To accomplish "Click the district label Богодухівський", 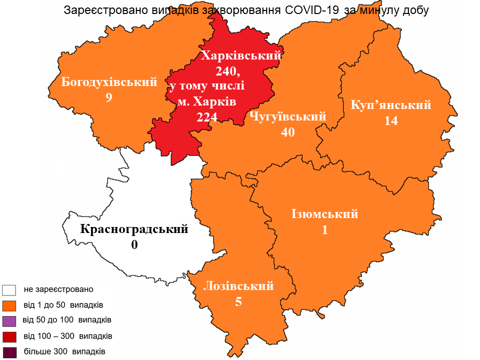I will pos(109,82).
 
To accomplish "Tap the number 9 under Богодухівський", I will pos(108,97).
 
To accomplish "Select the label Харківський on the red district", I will pos(240,55).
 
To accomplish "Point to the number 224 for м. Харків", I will pos(207,117).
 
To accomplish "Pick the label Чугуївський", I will pos(287,117).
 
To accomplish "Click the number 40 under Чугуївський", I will pos(288,132).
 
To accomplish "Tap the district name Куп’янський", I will pos(391,105).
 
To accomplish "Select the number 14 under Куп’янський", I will pos(391,120).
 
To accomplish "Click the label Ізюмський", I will pos(325,214).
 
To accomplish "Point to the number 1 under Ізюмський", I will pos(325,229).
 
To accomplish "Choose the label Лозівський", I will pos(238,286).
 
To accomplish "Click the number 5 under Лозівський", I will pos(238,302).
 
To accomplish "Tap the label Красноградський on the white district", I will pos(134,229).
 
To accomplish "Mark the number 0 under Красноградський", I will pos(134,245).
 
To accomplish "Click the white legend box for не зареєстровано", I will pos(9,290).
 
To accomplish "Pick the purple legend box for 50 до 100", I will pos(9,320).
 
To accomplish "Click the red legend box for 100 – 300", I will pos(9,336).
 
